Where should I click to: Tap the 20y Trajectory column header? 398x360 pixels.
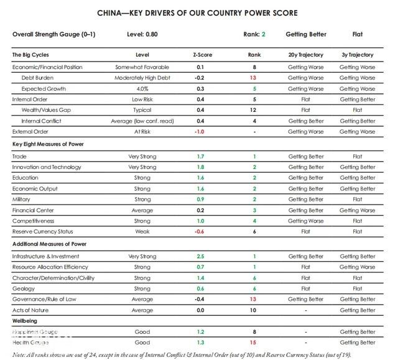click(306, 55)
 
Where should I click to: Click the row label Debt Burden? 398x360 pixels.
click(38, 78)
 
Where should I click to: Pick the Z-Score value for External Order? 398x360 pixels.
click(200, 132)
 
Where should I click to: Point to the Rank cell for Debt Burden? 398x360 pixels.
click(253, 78)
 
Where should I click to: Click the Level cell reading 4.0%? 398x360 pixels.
click(142, 89)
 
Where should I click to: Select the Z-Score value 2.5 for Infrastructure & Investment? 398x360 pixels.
click(200, 257)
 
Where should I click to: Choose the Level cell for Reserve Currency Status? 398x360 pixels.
click(142, 232)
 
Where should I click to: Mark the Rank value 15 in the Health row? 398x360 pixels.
click(254, 343)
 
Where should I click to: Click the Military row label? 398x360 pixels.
click(22, 200)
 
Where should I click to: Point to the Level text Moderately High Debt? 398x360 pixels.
click(142, 78)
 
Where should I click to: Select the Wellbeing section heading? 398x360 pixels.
click(27, 321)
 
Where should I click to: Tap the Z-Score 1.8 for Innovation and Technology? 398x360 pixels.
click(200, 167)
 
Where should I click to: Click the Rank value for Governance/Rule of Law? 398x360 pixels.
click(253, 299)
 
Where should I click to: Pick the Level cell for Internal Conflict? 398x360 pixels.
click(142, 121)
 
